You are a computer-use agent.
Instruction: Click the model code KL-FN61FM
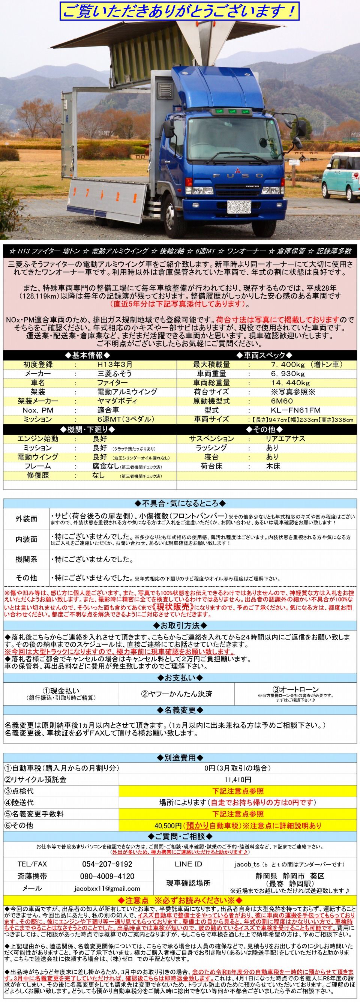point(295,410)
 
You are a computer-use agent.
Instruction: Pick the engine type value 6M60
point(282,401)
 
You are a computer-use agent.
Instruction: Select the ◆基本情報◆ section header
point(90,355)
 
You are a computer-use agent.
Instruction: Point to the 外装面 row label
point(26,519)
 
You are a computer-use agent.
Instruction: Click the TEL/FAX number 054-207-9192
point(107,863)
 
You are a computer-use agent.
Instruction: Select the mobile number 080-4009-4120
point(107,876)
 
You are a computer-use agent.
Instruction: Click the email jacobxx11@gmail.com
point(107,888)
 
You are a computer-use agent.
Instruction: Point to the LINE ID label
point(188,863)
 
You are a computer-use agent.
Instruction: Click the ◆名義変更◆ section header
point(179,710)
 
